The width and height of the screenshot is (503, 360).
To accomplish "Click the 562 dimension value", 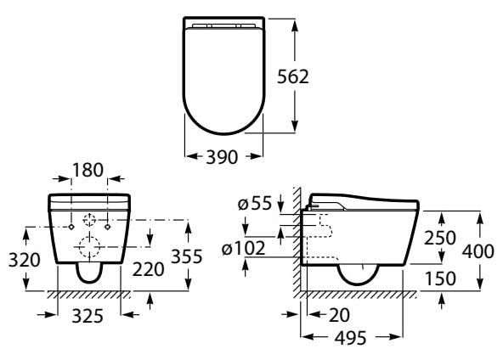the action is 293,76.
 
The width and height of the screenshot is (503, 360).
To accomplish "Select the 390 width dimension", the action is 222,157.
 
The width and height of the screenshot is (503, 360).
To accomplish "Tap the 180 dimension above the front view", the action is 88,170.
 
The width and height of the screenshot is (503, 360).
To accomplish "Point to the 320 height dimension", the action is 25,260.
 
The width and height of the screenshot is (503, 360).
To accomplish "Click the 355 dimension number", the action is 187,256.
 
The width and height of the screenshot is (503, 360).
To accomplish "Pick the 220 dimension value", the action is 148,269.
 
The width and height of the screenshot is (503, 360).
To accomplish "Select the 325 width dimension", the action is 88,317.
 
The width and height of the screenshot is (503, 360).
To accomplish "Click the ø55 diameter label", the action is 255,203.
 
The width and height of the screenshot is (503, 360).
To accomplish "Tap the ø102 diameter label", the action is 244,248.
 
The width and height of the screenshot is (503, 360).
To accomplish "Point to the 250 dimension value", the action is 440,238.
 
